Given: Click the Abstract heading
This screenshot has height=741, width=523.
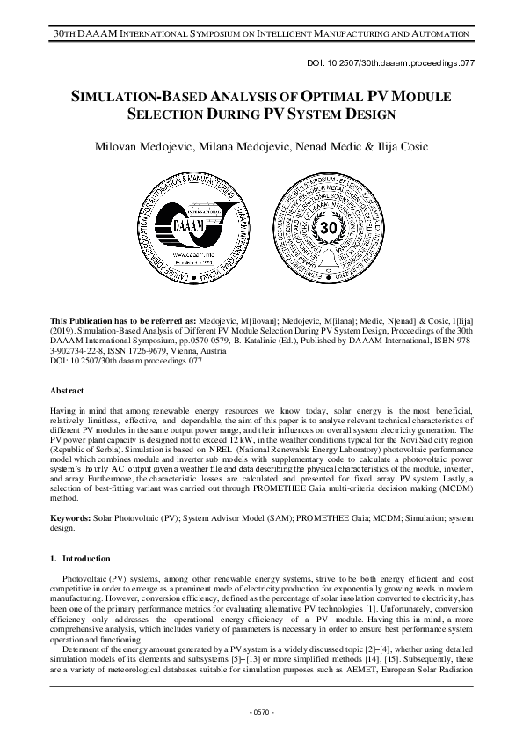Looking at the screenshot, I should pos(68,390).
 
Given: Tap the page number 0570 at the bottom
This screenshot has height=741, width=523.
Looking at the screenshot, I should pos(262,711).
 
